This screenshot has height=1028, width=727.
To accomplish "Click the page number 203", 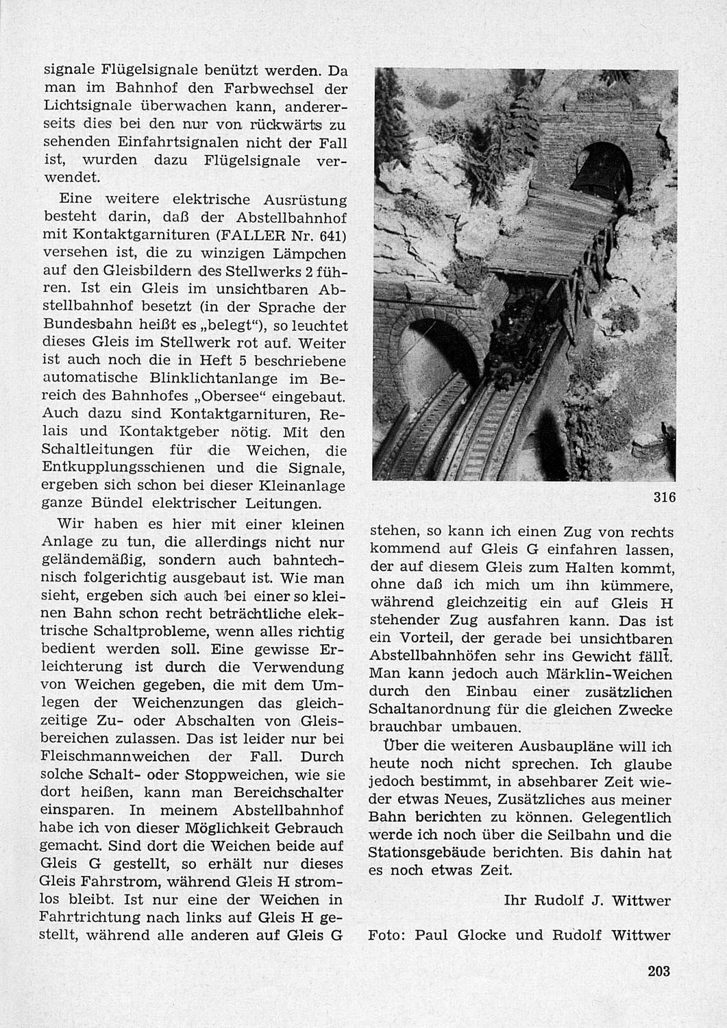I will coord(657,970).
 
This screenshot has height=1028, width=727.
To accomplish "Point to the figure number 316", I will coord(664,498).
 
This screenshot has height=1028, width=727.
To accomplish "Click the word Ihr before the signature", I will coord(515,901).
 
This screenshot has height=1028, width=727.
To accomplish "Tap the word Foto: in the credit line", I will coord(386,935).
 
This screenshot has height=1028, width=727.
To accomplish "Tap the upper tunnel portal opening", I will coord(601,168).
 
